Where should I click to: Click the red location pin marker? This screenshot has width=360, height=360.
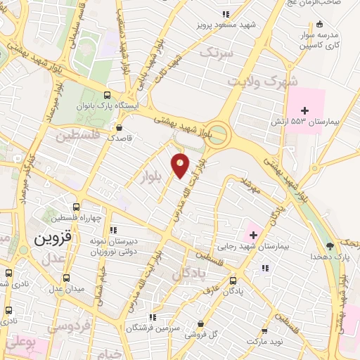point(181,165)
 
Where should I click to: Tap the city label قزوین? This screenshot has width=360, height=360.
point(48,238)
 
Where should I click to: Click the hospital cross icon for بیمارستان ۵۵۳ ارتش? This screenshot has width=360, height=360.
point(305,110)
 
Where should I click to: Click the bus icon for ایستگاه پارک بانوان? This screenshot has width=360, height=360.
point(107,96)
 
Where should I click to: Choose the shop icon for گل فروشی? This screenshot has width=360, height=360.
point(201,324)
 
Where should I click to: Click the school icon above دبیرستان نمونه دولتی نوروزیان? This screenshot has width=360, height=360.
point(113,229)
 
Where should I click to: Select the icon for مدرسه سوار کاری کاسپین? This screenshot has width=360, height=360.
point(321,24)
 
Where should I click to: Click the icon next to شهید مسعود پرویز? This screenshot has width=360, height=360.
point(225,14)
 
